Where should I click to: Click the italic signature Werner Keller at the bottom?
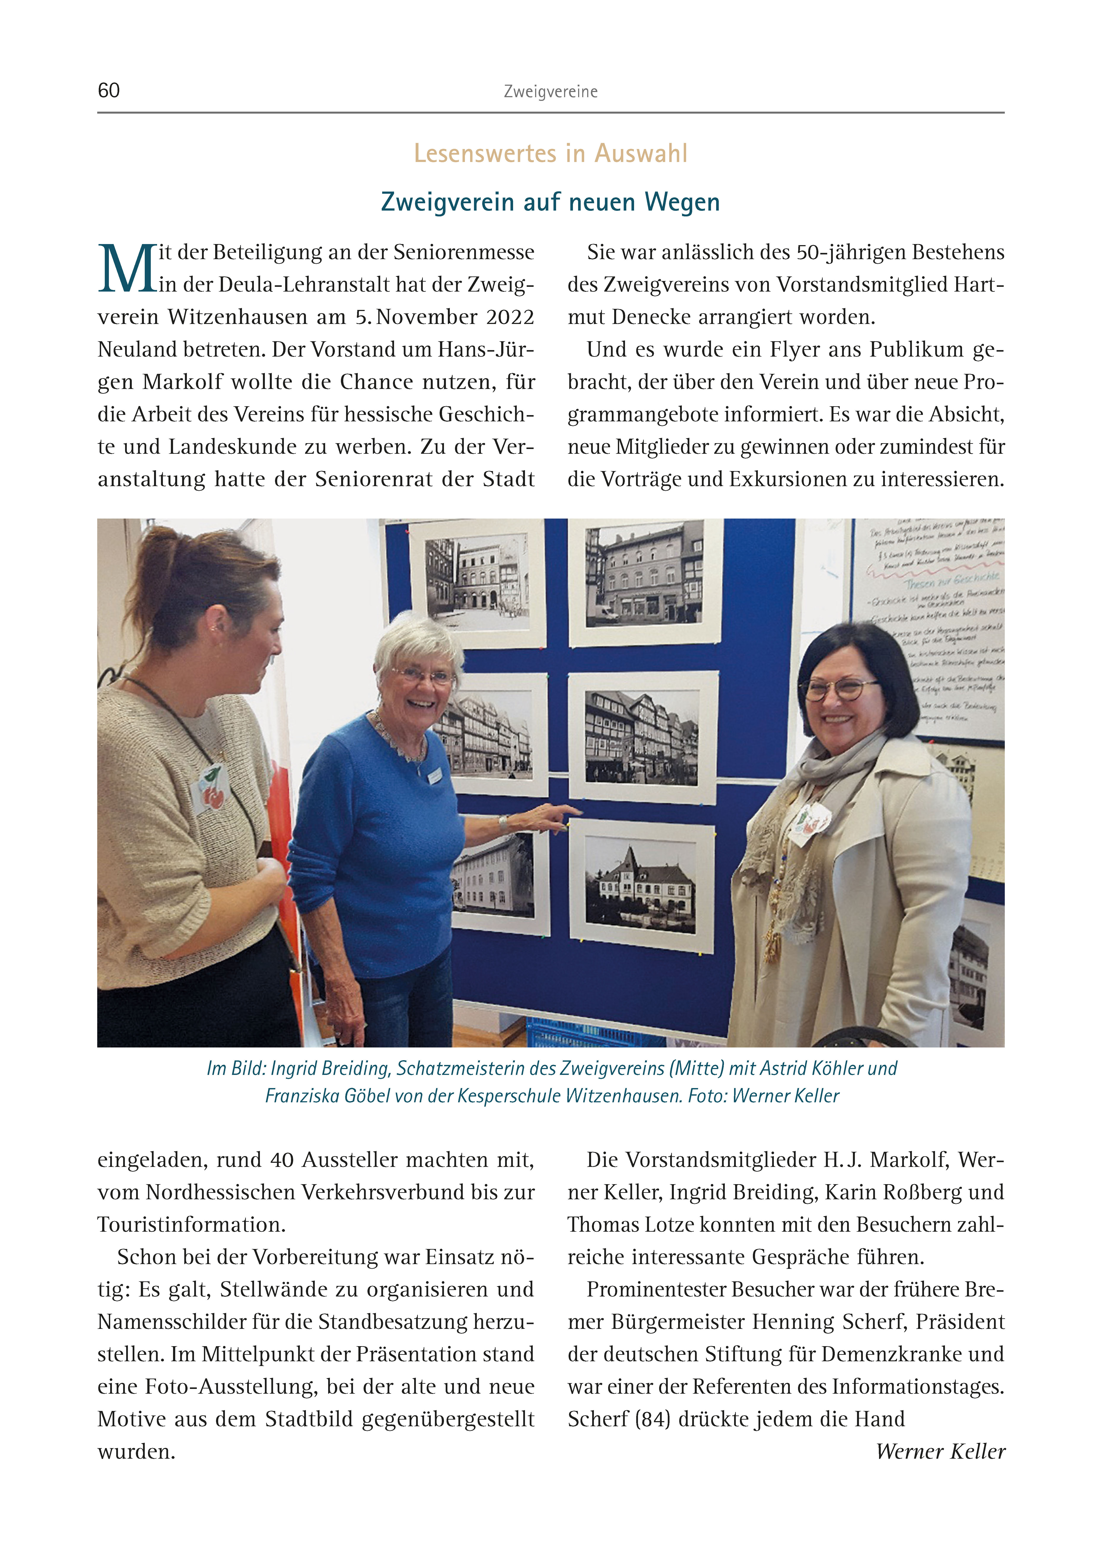[x=940, y=1451]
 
